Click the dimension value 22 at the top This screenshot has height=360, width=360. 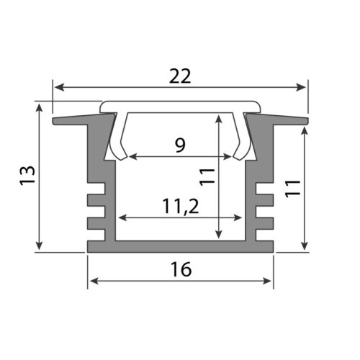[x=180, y=76]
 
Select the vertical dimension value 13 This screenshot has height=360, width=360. [x=27, y=176]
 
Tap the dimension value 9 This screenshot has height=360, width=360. [x=180, y=145]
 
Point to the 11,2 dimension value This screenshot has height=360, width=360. [x=180, y=206]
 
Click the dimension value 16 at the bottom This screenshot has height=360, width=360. [x=181, y=269]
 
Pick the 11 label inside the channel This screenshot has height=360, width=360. [x=207, y=177]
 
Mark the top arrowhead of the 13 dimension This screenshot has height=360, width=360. [x=37, y=105]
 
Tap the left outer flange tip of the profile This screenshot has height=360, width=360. [x=55, y=121]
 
